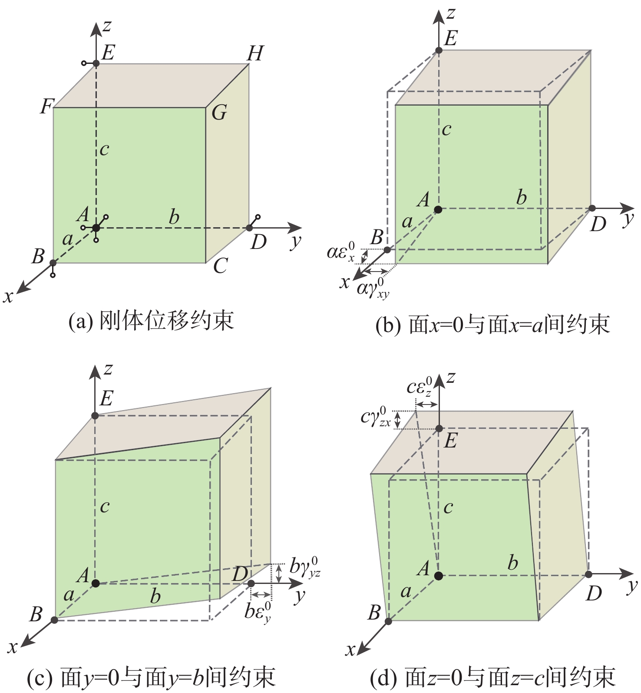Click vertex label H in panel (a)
point(255,53)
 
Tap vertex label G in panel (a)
point(219,113)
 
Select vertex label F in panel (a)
point(46,106)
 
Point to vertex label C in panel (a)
point(220,265)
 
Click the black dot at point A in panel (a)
point(96,228)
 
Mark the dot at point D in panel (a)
point(249,228)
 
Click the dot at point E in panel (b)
point(439,50)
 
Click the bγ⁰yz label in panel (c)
point(305,567)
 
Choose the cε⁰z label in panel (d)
point(420,387)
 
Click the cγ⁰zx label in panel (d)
point(376,417)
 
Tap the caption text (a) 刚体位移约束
point(152,321)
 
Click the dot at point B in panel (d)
point(388,621)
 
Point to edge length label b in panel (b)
point(522,198)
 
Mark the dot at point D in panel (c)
point(251,583)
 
